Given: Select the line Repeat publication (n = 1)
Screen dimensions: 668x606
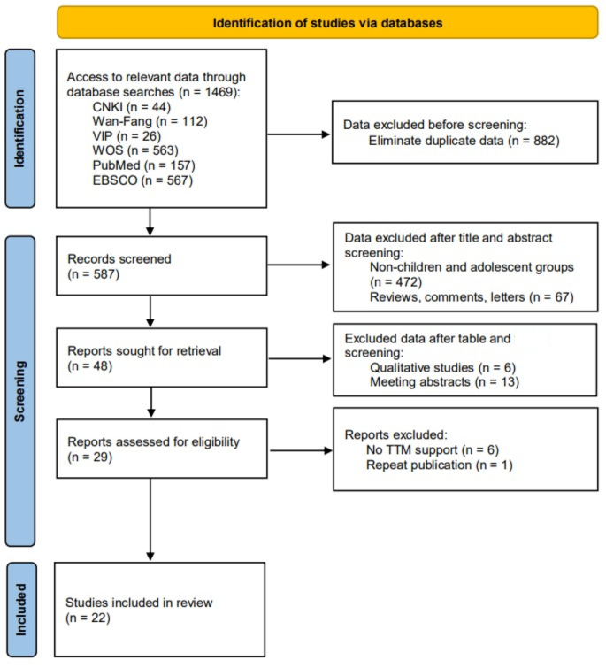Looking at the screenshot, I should (436, 468).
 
